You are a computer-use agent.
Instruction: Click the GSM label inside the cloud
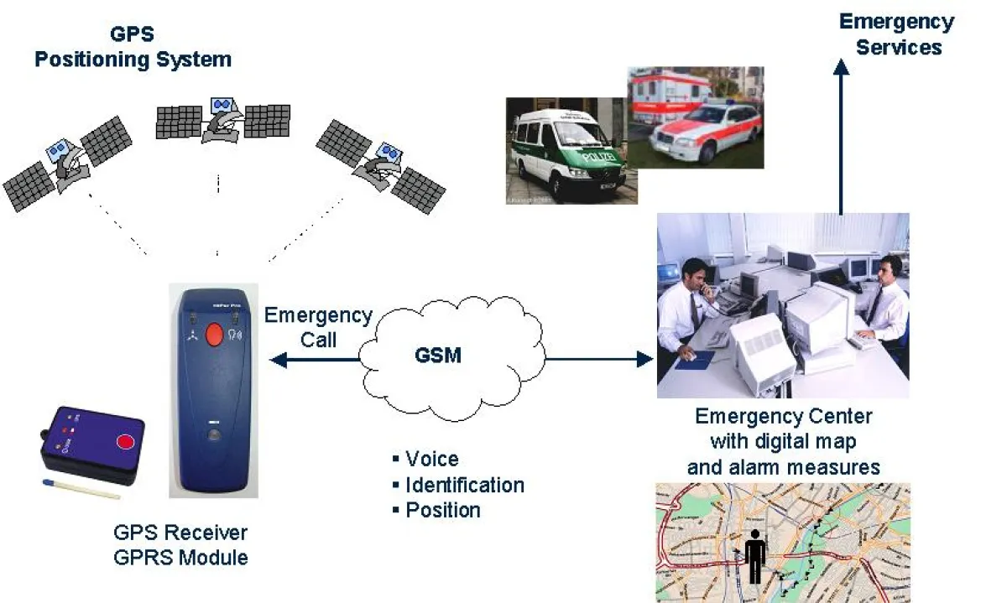(x=438, y=355)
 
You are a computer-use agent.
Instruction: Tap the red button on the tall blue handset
(x=214, y=335)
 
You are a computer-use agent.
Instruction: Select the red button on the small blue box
(x=126, y=441)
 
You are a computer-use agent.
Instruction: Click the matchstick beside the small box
(x=80, y=488)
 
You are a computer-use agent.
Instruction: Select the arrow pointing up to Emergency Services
(x=840, y=134)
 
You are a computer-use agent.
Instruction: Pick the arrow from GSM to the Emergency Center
(x=599, y=359)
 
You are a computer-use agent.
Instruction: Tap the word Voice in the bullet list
(x=431, y=459)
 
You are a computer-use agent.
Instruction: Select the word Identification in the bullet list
(x=464, y=485)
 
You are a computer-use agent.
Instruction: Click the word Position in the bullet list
(x=442, y=510)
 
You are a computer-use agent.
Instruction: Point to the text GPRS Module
(x=180, y=557)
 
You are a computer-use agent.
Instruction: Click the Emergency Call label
(x=318, y=327)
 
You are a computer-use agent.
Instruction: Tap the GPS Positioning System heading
(x=133, y=48)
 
